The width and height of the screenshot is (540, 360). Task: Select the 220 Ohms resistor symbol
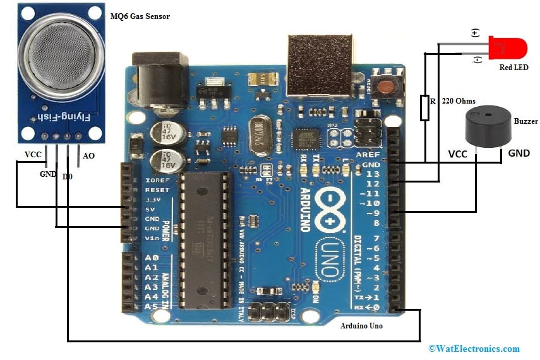tap(424, 107)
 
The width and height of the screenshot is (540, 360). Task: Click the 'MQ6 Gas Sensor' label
tap(141, 15)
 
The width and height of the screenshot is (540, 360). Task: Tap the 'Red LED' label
tap(513, 67)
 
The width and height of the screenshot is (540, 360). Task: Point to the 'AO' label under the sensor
tap(89, 156)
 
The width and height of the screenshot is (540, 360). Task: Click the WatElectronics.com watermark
tap(474, 348)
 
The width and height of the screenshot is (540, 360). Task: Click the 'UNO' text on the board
tap(331, 258)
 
